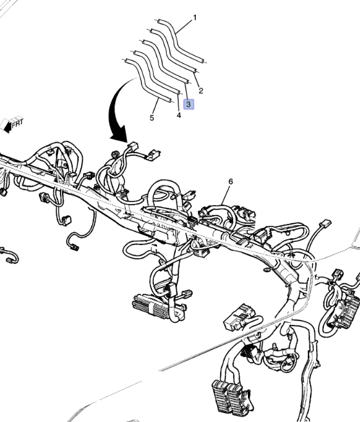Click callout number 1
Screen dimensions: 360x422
(x=195, y=18)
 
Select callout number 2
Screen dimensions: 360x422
(x=201, y=91)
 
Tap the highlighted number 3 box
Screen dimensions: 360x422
(x=188, y=104)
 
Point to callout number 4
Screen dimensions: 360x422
(x=179, y=115)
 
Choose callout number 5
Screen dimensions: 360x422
(x=152, y=118)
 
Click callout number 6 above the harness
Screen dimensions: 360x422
(x=231, y=181)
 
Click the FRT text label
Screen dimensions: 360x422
(x=17, y=123)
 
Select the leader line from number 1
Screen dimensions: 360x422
(x=184, y=27)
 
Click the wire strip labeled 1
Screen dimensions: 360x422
(x=181, y=41)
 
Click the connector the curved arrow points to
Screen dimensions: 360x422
(x=133, y=146)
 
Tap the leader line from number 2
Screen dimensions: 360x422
(x=196, y=79)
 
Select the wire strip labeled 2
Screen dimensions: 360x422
(x=173, y=50)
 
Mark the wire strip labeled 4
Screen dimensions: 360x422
(x=157, y=72)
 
